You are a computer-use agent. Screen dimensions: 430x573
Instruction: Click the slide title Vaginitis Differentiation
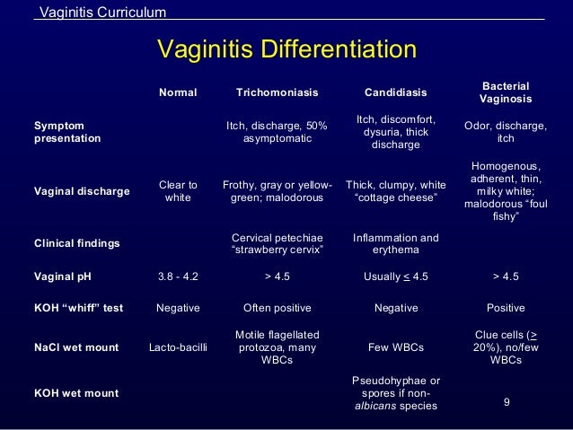click(x=286, y=48)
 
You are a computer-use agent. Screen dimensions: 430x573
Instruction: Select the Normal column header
click(x=178, y=92)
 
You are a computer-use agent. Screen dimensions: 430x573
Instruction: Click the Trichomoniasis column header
click(x=277, y=92)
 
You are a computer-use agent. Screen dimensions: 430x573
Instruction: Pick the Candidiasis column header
click(x=396, y=92)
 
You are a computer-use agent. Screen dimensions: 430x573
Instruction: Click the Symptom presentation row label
click(x=67, y=132)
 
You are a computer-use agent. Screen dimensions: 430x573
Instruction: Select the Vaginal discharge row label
click(x=81, y=191)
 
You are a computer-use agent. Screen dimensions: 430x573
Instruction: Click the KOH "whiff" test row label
click(x=79, y=308)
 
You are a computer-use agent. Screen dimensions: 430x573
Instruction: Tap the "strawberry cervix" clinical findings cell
click(x=277, y=243)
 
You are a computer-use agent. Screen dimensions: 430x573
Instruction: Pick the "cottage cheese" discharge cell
click(x=396, y=191)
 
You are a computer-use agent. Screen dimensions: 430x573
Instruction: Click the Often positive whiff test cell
click(x=277, y=308)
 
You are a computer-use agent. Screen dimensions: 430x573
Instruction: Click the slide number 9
click(x=507, y=401)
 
